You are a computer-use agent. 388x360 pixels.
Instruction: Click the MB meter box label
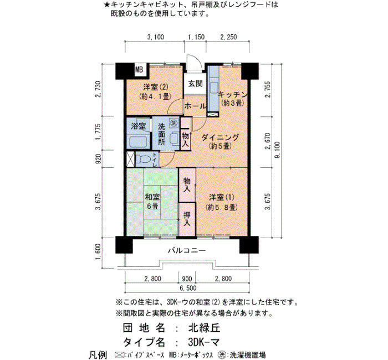[x=139, y=70]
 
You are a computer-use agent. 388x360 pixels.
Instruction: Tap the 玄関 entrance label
[x=195, y=84]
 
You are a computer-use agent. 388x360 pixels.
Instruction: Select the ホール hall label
[x=195, y=106]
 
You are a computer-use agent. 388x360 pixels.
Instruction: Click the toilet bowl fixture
[x=143, y=159]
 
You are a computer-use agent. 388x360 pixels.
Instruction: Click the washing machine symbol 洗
[x=173, y=122]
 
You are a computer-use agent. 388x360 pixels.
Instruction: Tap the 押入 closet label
[x=187, y=219]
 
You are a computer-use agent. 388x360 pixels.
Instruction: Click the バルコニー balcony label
[x=187, y=250]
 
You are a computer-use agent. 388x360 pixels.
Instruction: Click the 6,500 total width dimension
[x=188, y=288]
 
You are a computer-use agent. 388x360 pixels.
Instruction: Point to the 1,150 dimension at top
[x=196, y=37]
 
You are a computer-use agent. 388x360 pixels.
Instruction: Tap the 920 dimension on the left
[x=99, y=159]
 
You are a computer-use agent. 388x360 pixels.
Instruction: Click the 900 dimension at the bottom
[x=187, y=279]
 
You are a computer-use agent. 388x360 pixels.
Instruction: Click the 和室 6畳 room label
[x=152, y=201]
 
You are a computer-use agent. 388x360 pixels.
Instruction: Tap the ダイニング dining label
[x=220, y=137]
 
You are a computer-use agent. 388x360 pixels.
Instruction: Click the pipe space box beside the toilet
[x=130, y=159]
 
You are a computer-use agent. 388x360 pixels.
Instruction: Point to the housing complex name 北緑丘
[x=204, y=328]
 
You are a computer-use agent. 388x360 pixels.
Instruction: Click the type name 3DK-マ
[x=203, y=342]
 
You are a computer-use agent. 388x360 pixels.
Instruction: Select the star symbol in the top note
[x=106, y=4]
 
